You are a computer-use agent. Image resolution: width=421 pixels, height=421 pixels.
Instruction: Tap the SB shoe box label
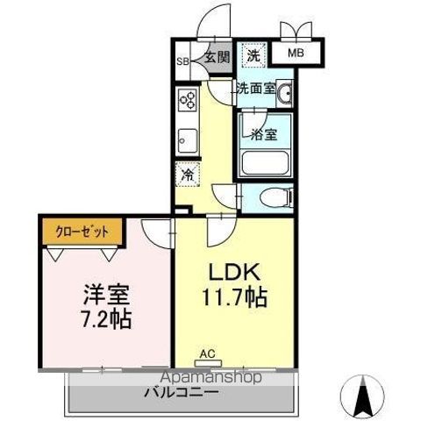[182, 61]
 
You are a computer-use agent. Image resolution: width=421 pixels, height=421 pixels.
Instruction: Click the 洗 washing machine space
[253, 55]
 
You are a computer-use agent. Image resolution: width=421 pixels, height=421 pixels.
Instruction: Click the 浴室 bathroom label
[264, 135]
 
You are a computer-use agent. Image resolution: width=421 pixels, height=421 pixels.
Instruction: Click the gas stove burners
[187, 100]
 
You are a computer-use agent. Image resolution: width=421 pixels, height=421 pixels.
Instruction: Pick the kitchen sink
[187, 138]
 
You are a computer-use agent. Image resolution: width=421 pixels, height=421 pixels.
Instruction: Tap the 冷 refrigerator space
[187, 175]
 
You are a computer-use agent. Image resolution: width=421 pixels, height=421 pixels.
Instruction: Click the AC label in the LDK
[207, 354]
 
